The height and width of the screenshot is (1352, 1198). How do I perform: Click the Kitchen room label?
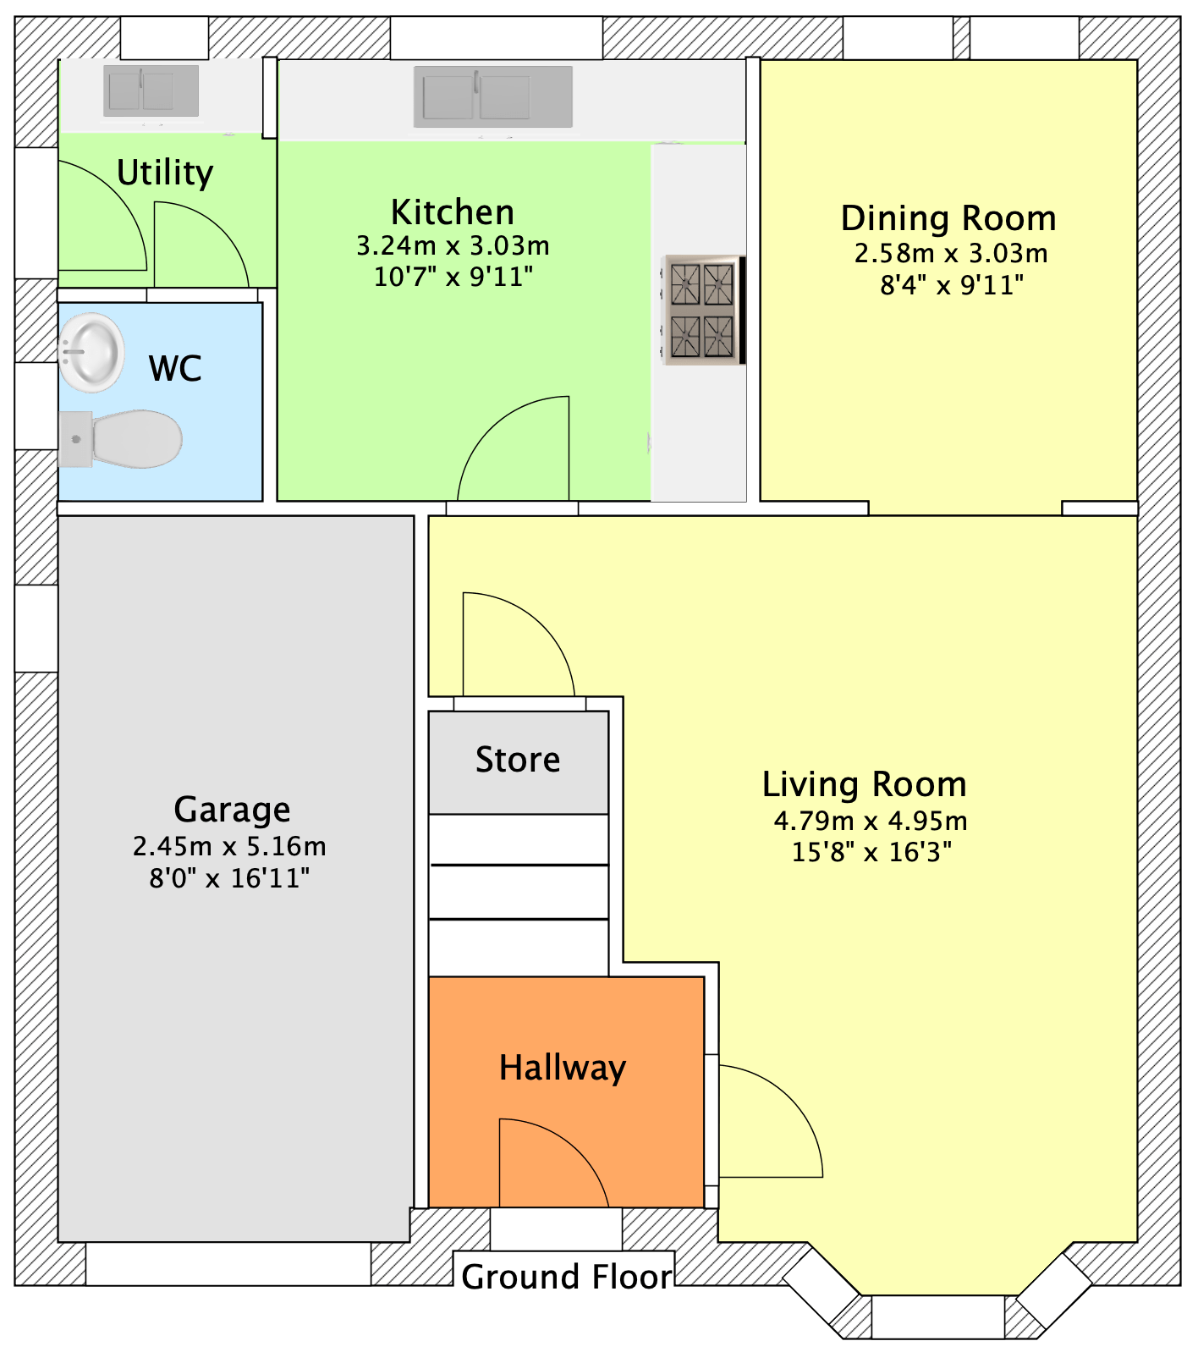coord(453,212)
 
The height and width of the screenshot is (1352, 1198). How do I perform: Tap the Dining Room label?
coord(948,218)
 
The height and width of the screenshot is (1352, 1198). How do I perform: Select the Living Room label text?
coord(865,784)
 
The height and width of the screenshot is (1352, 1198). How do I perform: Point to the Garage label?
coord(232,810)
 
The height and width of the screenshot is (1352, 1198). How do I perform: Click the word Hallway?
coord(563,1068)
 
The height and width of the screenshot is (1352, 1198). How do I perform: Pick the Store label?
coord(518,760)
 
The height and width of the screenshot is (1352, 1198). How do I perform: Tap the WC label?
coord(175,369)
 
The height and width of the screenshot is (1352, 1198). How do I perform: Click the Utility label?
coord(165,173)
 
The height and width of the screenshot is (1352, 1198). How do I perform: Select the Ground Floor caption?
coord(567,1277)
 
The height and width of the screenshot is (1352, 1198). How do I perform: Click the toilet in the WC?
coord(120,439)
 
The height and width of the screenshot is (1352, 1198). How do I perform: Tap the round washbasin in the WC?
coord(91,352)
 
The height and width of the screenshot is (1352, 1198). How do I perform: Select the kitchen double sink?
coord(493,96)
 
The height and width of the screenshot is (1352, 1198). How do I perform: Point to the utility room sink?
coord(151,91)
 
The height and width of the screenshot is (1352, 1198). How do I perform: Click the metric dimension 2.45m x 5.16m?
coord(229,846)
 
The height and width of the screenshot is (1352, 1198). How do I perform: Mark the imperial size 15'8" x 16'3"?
coord(871,852)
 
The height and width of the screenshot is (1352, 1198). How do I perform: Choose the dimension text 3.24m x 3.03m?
coord(453,246)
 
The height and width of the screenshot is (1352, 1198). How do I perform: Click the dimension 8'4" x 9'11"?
coord(952,285)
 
